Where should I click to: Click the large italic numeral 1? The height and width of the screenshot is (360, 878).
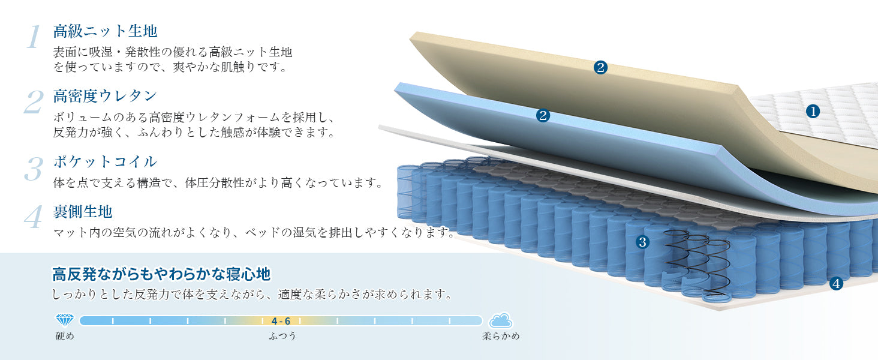click(x=34, y=37)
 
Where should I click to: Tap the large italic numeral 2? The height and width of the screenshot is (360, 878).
click(x=34, y=102)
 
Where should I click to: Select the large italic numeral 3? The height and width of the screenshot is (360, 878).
click(x=34, y=169)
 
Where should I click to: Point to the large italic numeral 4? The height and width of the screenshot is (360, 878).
click(x=34, y=217)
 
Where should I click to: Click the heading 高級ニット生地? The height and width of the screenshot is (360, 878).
click(x=105, y=31)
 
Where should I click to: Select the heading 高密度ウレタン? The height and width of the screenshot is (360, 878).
click(x=105, y=95)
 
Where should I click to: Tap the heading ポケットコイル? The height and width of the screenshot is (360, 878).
click(x=105, y=161)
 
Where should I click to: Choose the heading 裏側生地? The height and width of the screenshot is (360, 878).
click(x=83, y=212)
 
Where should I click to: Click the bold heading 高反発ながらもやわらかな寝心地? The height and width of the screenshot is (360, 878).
click(x=161, y=274)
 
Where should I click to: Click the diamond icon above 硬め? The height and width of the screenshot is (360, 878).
click(x=65, y=320)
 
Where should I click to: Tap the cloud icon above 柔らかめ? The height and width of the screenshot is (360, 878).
click(x=501, y=321)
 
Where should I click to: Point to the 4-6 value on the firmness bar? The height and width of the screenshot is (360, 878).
click(x=281, y=321)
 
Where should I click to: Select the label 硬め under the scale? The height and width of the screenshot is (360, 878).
click(x=65, y=336)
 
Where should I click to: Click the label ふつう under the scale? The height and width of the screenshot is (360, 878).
click(x=282, y=336)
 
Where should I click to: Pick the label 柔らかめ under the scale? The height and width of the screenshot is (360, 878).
click(x=501, y=336)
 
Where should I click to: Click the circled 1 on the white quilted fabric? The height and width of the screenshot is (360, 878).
click(x=813, y=112)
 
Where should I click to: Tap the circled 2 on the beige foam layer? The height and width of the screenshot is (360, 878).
click(x=600, y=67)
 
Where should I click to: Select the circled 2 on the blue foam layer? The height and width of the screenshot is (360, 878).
click(x=543, y=115)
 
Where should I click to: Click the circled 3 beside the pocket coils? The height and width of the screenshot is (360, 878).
click(x=642, y=242)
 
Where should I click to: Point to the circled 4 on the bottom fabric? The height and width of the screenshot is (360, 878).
click(x=836, y=284)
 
